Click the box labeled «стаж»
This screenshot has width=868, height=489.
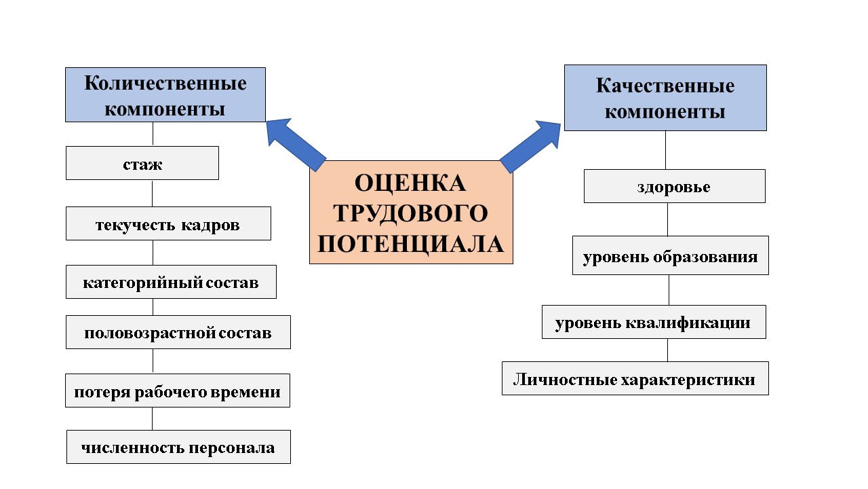point(142,163)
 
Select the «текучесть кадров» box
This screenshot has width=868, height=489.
point(168,223)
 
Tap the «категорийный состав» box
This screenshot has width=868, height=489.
point(171,282)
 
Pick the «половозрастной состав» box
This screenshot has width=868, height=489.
point(178,332)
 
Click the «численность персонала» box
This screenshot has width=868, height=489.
point(178,447)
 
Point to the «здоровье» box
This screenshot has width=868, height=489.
point(674,186)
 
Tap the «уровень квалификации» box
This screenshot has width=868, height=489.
point(654,322)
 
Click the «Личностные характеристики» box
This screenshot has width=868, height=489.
point(635,378)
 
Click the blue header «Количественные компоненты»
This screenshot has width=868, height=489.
point(165,95)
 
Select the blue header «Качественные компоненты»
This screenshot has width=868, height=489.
point(665,98)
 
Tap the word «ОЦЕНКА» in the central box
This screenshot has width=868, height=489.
point(411,183)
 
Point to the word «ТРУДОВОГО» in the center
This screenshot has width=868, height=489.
point(411,213)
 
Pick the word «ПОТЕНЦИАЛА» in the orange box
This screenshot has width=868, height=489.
point(411,243)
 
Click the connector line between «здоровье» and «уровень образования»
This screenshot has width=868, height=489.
point(668,219)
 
